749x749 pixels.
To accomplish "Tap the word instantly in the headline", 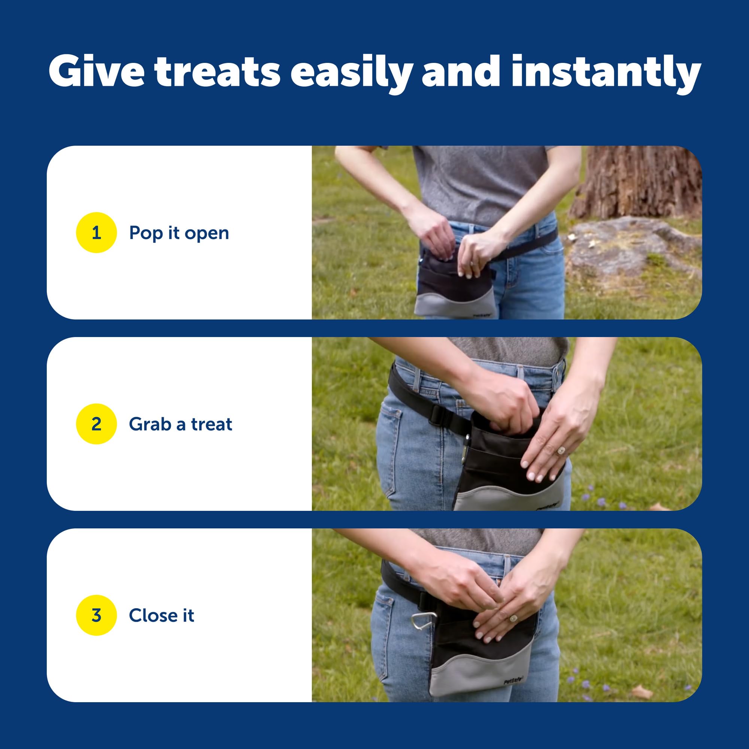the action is click(606, 74).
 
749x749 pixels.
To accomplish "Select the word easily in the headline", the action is click(351, 74).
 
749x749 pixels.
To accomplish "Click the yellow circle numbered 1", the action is click(96, 233).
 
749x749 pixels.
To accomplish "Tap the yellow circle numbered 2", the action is click(96, 424).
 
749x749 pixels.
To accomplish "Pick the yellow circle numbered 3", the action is click(96, 615).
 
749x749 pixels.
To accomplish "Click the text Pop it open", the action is click(179, 233).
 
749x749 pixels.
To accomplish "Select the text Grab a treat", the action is click(181, 424).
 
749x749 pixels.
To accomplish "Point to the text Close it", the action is click(162, 615).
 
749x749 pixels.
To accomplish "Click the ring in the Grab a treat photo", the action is click(561, 451).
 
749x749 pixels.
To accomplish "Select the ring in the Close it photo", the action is click(513, 618).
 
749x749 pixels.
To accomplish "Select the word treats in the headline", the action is click(217, 72).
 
